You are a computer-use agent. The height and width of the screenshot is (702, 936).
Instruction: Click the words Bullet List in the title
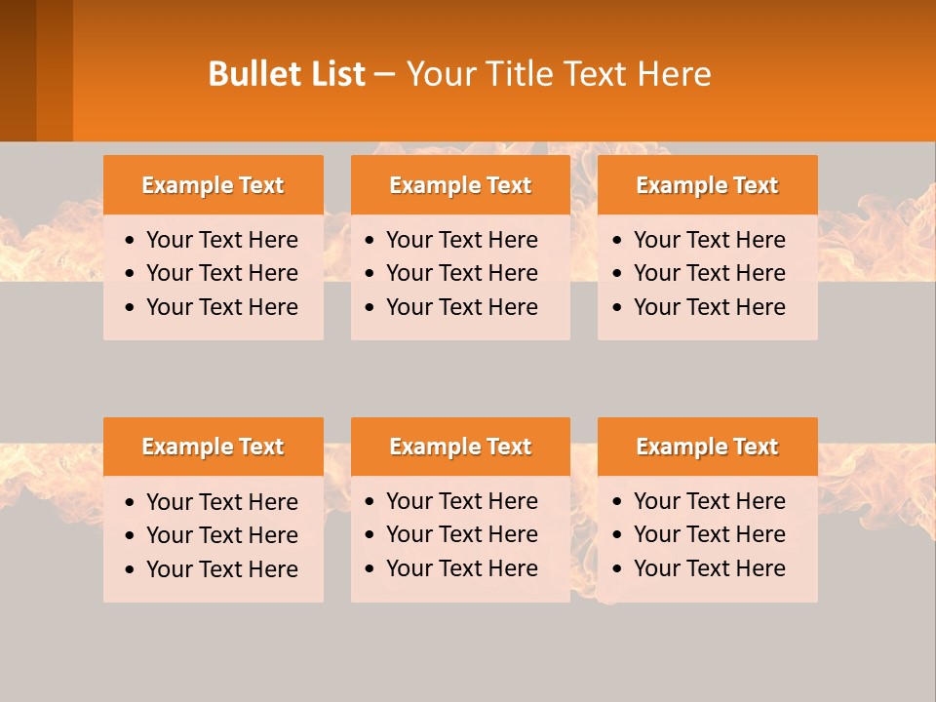[287, 74]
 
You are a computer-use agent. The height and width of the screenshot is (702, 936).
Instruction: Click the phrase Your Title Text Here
[559, 74]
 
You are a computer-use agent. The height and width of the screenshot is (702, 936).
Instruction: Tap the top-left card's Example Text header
[213, 185]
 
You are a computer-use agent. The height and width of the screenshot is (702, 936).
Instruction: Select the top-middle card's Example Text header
[460, 185]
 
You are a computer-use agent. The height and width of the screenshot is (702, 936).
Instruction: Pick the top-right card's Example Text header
[707, 185]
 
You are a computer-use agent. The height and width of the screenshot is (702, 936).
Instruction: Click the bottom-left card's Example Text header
[213, 447]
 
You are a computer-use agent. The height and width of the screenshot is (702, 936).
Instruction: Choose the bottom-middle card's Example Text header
[460, 447]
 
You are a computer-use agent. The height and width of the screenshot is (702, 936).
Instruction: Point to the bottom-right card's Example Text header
[707, 447]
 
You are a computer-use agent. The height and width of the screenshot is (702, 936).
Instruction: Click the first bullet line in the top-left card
[222, 240]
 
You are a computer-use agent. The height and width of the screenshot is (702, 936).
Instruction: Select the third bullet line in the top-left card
[222, 307]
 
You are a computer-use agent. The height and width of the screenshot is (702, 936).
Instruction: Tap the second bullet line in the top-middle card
[462, 273]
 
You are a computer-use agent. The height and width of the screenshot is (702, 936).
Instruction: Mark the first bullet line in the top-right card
[710, 240]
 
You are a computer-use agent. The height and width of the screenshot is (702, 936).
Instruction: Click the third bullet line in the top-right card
[710, 307]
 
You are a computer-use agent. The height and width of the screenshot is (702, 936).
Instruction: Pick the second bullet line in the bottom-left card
[222, 535]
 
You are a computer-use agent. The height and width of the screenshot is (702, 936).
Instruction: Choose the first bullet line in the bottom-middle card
[462, 501]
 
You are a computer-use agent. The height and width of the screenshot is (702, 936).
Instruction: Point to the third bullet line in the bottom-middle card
[462, 568]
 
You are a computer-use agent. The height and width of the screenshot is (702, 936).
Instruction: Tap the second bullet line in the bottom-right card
[710, 534]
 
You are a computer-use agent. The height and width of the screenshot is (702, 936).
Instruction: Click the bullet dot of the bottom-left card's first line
[131, 503]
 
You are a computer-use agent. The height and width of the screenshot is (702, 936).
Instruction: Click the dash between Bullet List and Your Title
[385, 74]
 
